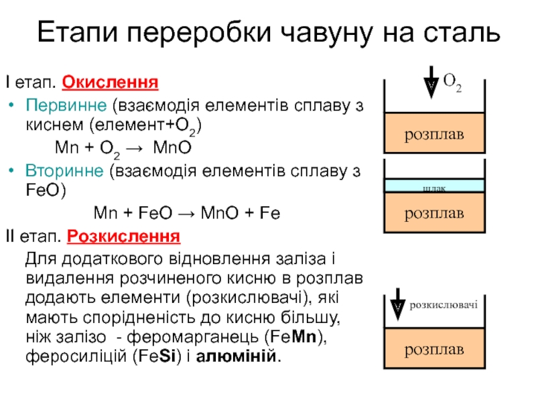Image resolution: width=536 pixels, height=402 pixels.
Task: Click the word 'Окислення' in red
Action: point(110,84)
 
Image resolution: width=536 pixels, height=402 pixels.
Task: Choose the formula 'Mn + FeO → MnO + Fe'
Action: point(186,214)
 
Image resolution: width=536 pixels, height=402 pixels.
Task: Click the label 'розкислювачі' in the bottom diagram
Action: point(444,305)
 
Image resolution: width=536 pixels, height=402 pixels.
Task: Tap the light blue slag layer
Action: point(434,186)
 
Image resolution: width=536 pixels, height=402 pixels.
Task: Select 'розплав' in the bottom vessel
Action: point(434,350)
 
